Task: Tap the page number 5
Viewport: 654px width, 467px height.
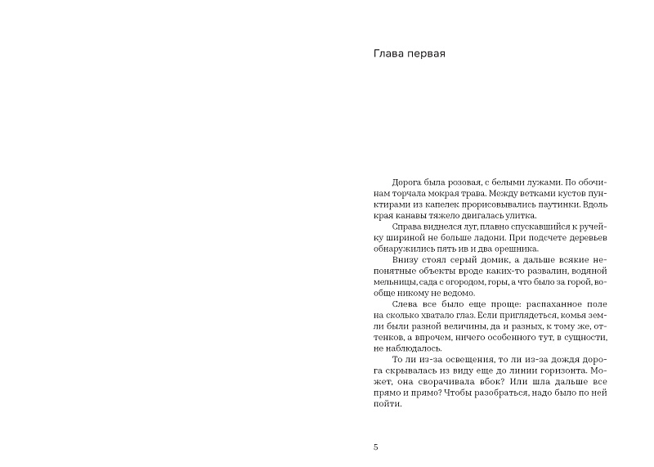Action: click(374, 447)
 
